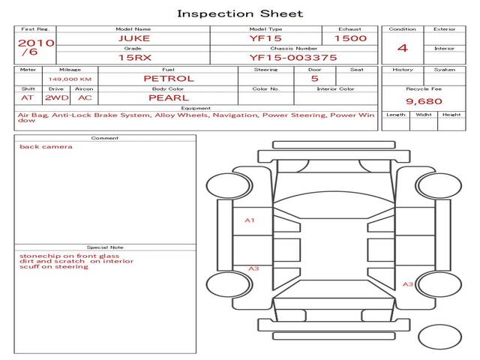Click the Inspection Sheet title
click(240, 13)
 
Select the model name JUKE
click(133, 37)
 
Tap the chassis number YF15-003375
click(293, 57)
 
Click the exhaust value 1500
click(350, 37)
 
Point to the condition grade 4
click(403, 48)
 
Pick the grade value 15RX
click(133, 57)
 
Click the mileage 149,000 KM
click(70, 78)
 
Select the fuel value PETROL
click(169, 78)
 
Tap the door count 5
click(314, 78)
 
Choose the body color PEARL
click(169, 97)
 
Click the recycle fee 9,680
click(421, 100)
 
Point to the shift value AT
click(28, 97)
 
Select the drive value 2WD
click(56, 97)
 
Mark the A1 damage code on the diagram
click(250, 220)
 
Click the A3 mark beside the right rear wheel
click(408, 284)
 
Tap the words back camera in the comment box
click(46, 146)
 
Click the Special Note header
click(105, 247)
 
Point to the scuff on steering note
click(54, 267)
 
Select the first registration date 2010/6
click(36, 47)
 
